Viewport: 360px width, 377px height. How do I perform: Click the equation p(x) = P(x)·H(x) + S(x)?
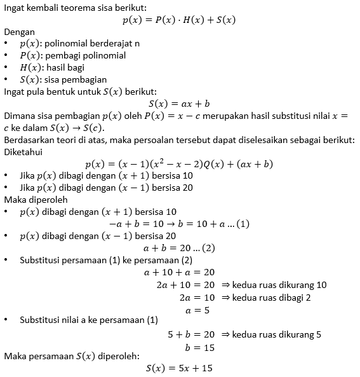click(x=179, y=20)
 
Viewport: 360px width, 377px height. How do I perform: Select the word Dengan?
click(x=20, y=32)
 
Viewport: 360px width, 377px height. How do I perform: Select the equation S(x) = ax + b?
click(x=179, y=103)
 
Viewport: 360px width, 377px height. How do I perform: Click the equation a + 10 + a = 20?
click(x=180, y=271)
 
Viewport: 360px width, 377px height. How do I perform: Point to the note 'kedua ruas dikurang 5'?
click(x=277, y=334)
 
